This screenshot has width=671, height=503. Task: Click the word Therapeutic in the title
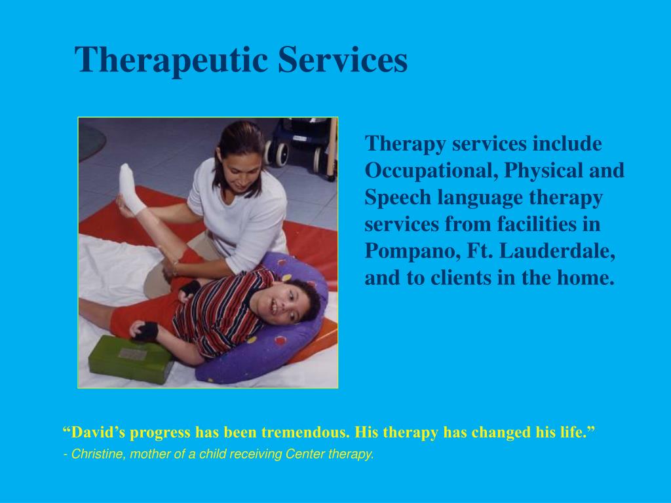(171, 60)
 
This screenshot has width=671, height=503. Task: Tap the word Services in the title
(343, 60)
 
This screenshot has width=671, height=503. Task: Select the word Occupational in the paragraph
(431, 171)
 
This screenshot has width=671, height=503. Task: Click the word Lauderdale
(557, 250)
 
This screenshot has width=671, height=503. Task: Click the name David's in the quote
(94, 432)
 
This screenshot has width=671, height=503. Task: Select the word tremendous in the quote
(305, 432)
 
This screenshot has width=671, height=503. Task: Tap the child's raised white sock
(130, 189)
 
